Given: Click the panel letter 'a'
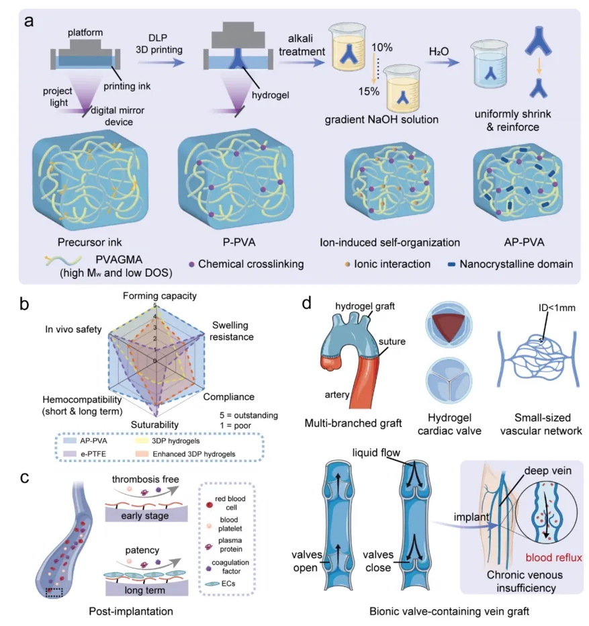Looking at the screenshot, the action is tap(28, 21).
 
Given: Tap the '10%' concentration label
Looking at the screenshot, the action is tap(381, 47).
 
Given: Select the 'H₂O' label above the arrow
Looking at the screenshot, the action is tap(439, 51).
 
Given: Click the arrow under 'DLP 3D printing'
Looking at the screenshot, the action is tap(161, 62).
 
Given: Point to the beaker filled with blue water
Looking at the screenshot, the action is tap(490, 64).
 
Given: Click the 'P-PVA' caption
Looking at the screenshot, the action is tap(239, 242).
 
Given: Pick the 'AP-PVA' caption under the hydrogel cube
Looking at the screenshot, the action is tap(524, 242).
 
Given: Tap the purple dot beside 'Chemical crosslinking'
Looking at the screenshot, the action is tap(191, 264).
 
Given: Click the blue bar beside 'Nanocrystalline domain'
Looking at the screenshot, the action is tap(451, 264).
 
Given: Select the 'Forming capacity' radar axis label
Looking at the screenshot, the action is tap(160, 296).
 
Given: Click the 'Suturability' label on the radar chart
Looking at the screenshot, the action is tap(154, 424).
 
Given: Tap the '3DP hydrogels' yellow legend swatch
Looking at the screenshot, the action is tap(142, 441).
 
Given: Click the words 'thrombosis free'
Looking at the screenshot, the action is tap(145, 479).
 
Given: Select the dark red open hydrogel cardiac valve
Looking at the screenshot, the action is tap(449, 326).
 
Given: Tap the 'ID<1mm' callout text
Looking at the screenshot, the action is tap(557, 308).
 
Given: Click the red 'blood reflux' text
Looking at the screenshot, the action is tap(553, 557).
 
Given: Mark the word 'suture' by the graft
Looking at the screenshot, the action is tap(392, 341).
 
